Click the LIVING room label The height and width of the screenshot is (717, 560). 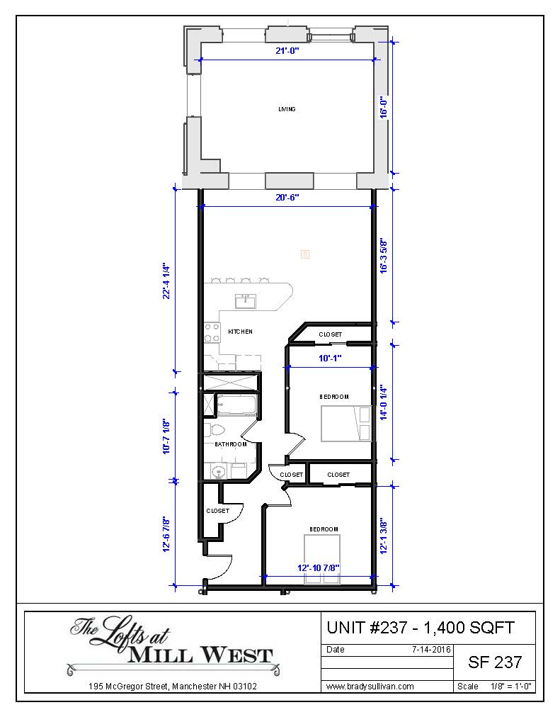coord(287,109)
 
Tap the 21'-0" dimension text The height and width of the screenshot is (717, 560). coord(287,51)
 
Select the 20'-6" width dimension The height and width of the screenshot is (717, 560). coord(287,198)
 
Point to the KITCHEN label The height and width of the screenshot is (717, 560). coord(240,332)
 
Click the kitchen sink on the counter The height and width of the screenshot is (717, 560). coord(245,301)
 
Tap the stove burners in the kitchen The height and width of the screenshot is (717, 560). coord(212,332)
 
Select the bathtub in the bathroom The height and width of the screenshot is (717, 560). coord(236,405)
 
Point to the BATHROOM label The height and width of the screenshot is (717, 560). coord(231,444)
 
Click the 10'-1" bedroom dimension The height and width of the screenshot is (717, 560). coord(330,358)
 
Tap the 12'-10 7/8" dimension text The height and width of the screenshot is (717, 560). coord(319,568)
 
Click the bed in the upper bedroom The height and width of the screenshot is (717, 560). coord(345,424)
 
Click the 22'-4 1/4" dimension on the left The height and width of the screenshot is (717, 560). coord(166,281)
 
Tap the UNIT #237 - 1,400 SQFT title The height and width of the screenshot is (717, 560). coord(421,628)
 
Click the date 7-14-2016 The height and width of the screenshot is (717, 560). coord(431,650)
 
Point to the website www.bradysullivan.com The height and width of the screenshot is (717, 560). coord(370,687)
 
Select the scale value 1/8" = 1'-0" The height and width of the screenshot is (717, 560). coord(510,687)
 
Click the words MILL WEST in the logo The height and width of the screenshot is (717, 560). coord(200,655)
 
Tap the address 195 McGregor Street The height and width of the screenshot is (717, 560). coord(128,687)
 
